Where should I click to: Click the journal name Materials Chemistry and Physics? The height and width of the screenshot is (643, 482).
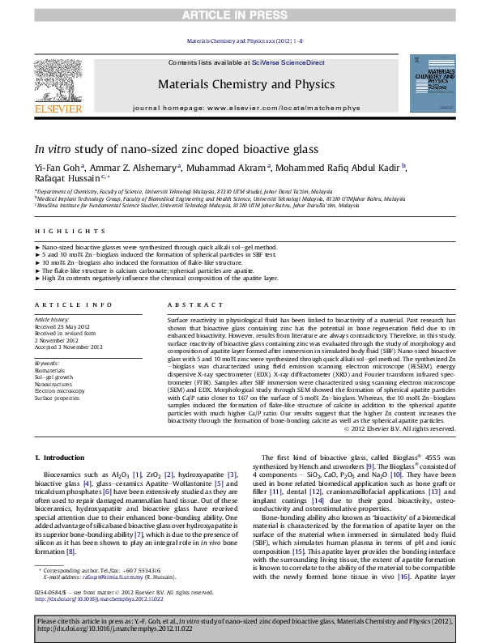tap(241, 83)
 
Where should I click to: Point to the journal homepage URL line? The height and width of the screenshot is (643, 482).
tap(241, 107)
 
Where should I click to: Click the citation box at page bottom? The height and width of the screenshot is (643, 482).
tap(241, 627)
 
